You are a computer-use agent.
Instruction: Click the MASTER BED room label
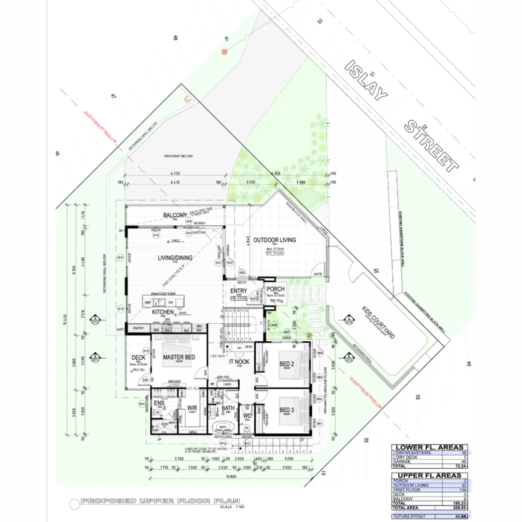179,357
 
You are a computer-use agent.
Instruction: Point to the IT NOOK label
239,361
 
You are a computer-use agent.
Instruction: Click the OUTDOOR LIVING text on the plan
275,240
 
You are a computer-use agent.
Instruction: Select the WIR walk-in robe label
192,408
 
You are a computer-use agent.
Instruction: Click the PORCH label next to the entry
276,290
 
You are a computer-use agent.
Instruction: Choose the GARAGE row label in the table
402,462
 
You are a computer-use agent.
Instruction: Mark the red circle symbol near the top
224,51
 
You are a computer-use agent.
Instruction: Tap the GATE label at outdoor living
318,274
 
